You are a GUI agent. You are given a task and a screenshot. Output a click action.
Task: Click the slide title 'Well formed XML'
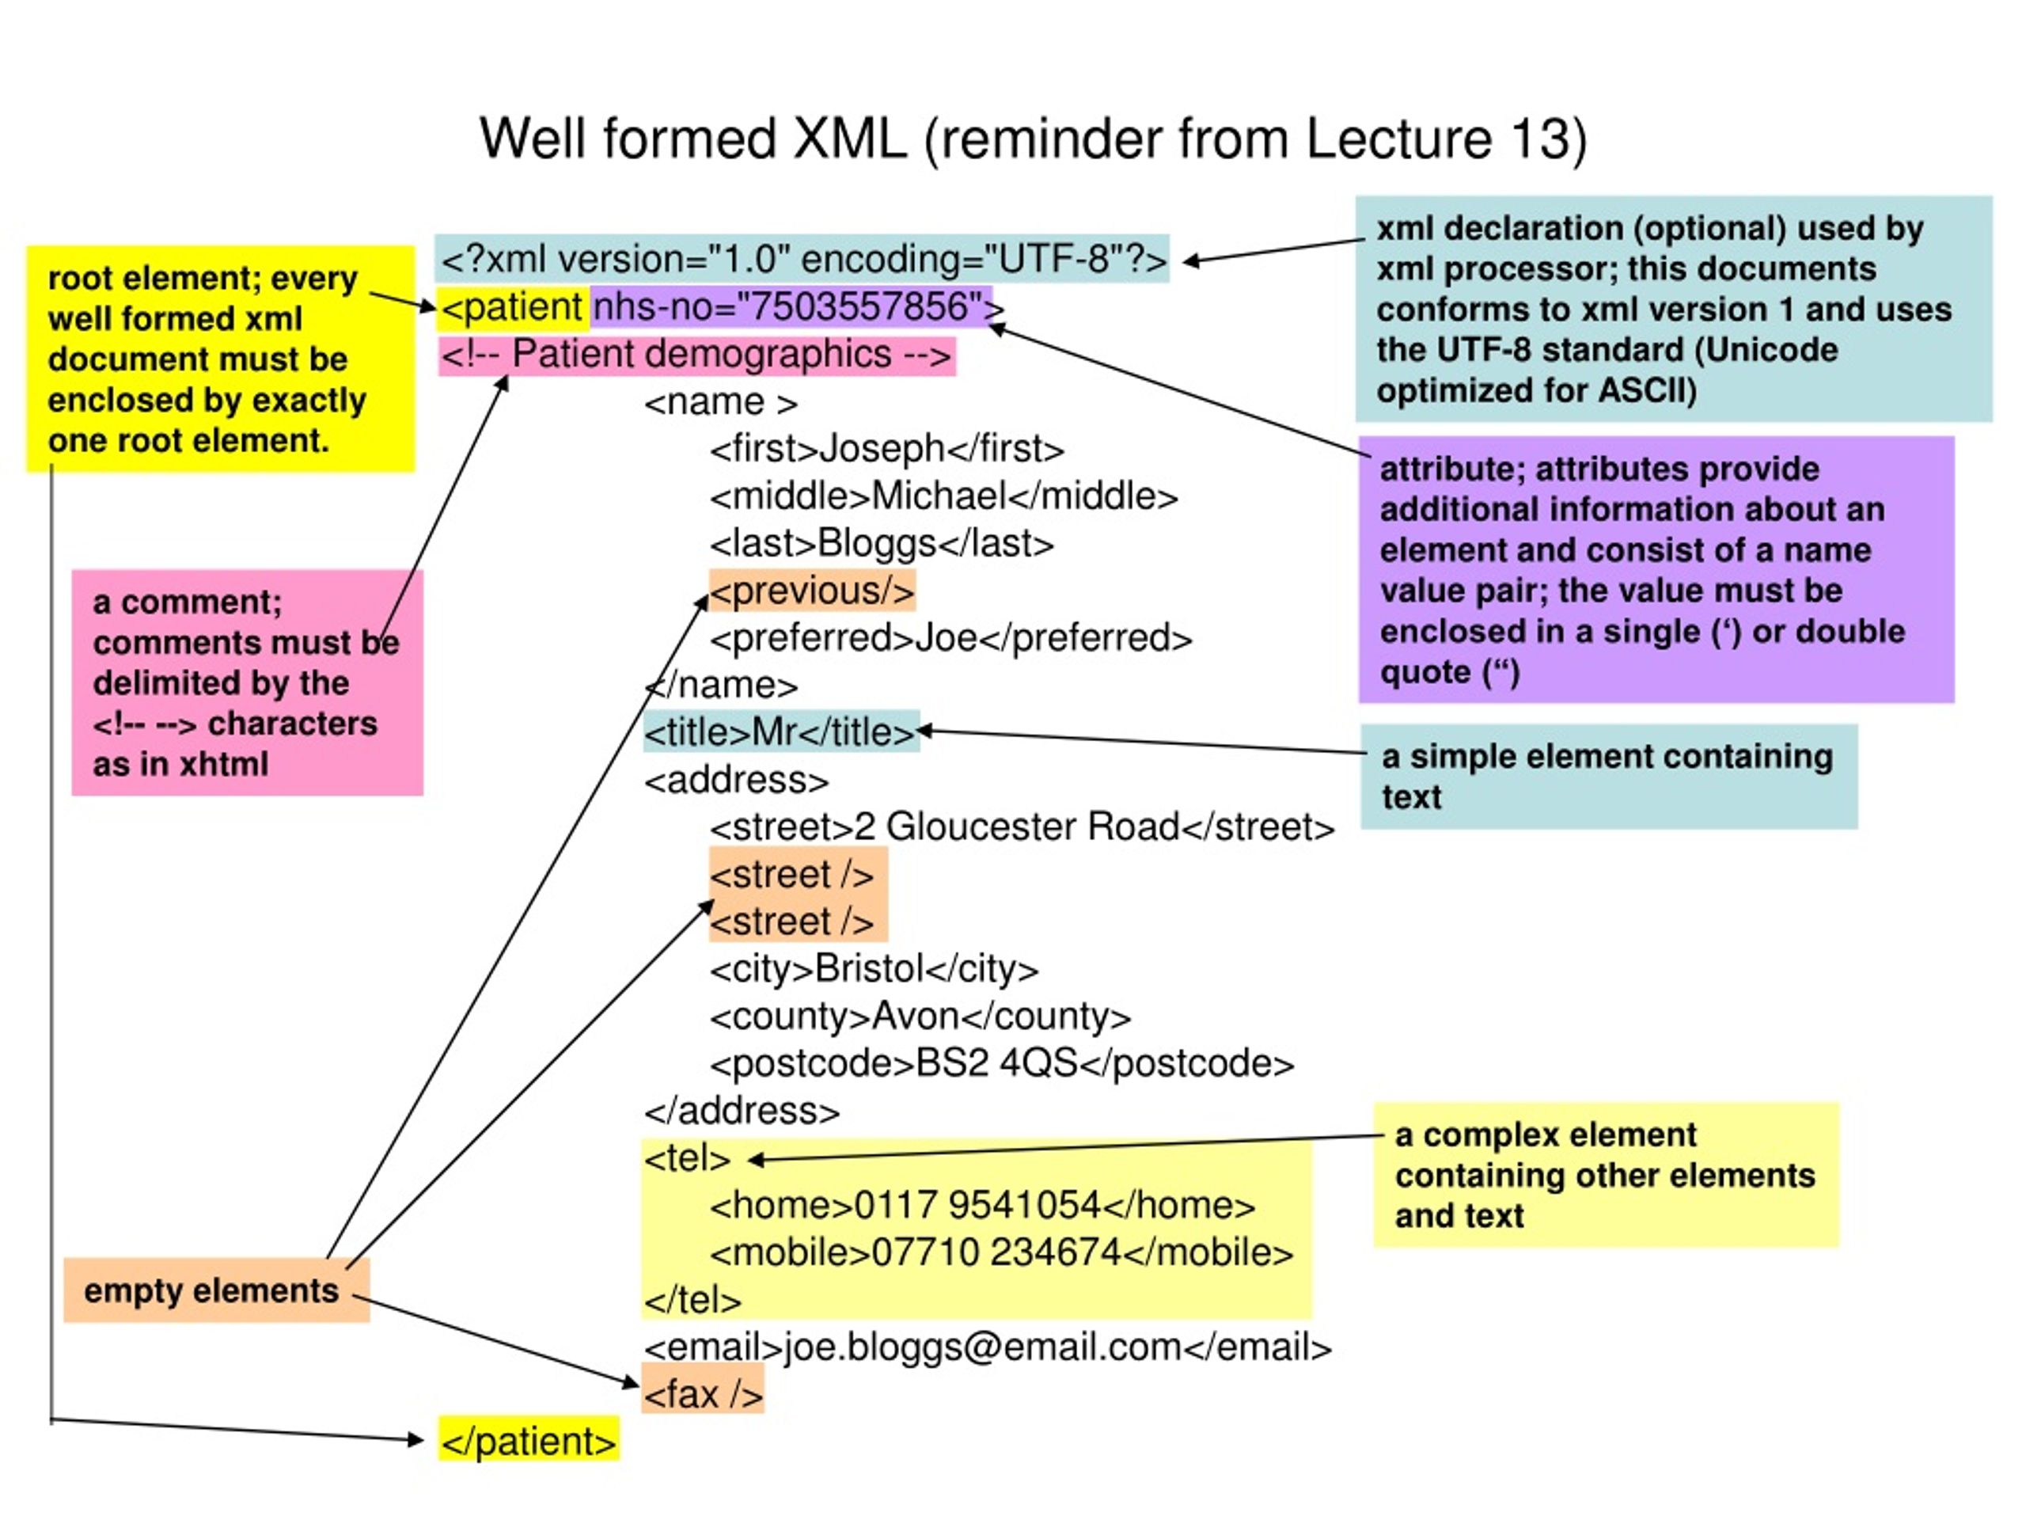(x=692, y=139)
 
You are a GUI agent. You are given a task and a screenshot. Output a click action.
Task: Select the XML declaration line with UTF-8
(x=803, y=260)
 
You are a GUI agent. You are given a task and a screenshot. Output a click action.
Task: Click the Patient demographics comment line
(x=697, y=355)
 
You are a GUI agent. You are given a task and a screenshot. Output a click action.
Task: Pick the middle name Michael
(x=939, y=496)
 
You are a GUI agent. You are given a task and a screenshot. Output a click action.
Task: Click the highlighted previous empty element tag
(x=811, y=591)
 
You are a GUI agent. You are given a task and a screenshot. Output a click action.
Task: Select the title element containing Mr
(x=780, y=732)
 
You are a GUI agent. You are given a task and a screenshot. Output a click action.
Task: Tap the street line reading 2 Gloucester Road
(x=1022, y=827)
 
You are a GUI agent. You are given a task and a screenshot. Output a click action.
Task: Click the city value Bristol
(x=869, y=969)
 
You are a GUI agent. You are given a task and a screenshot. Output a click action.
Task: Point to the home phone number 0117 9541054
(x=977, y=1206)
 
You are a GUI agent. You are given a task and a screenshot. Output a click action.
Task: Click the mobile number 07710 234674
(x=996, y=1253)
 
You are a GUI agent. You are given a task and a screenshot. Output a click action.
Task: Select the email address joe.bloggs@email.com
(x=983, y=1347)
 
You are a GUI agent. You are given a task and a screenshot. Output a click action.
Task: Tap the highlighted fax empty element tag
(x=703, y=1394)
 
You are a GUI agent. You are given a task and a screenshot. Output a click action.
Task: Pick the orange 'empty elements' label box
(x=216, y=1291)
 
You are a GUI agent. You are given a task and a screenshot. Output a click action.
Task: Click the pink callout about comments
(x=247, y=682)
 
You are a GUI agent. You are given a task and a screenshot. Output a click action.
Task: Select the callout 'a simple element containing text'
(x=1608, y=777)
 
